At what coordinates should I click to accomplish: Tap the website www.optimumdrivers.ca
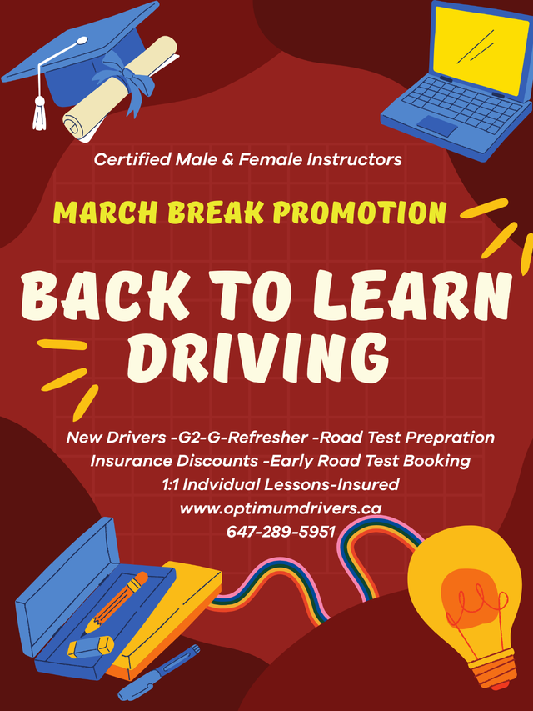tap(281, 508)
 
